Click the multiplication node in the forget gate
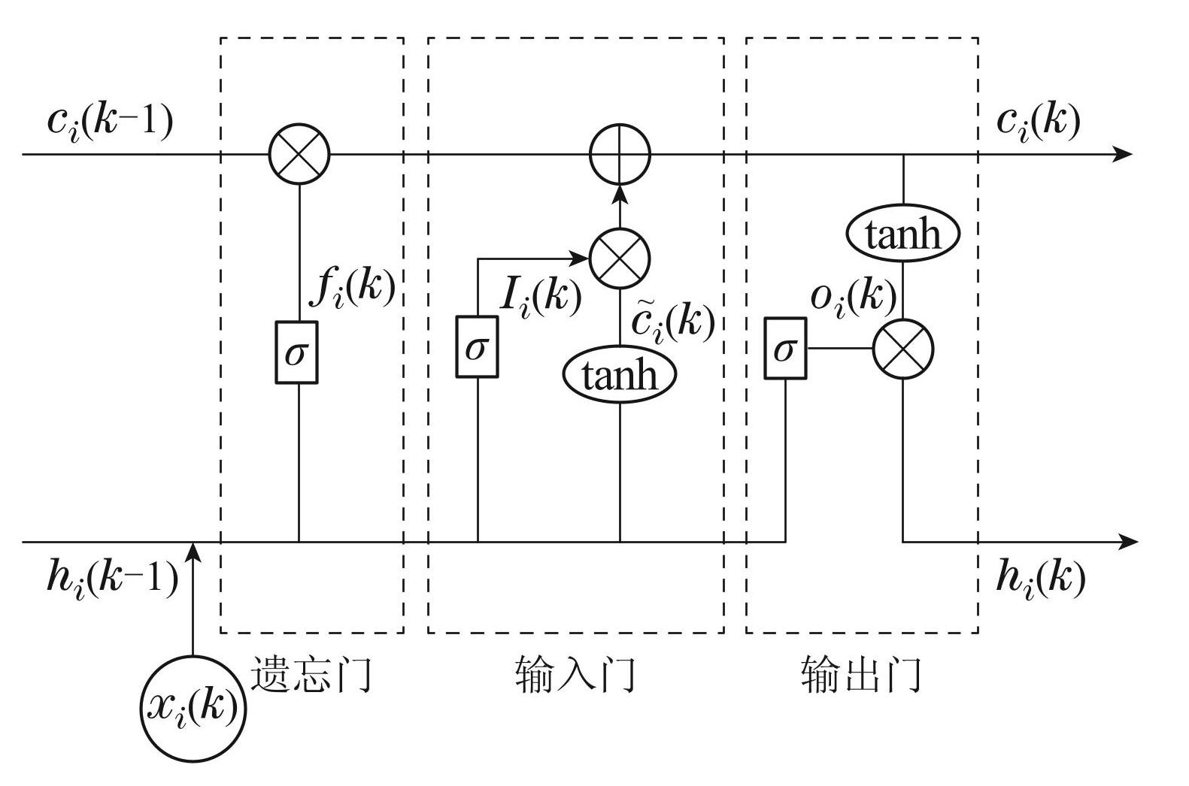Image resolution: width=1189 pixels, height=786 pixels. point(299,155)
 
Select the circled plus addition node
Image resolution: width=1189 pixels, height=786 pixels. point(619,155)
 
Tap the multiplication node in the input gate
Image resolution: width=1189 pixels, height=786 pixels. point(619,258)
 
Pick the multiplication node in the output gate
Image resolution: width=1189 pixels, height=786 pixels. point(902,349)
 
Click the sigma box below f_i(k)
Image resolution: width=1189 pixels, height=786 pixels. point(296,352)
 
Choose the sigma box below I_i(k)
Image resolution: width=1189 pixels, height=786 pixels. point(477,347)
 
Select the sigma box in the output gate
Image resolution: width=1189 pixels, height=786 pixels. point(785,349)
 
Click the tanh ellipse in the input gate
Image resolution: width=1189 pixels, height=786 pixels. point(620,374)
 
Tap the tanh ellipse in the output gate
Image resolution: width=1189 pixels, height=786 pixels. point(902,234)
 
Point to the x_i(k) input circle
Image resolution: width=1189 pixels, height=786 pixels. point(193,708)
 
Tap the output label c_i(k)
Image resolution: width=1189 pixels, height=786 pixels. point(1038,120)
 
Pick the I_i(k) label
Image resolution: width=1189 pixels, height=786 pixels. point(541,296)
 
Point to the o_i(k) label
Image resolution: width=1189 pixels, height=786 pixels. point(854,297)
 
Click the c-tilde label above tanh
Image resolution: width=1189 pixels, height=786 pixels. point(672,322)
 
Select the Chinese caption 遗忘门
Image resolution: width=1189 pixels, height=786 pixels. point(311,673)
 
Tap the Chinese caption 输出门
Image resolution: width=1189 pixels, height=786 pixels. point(861,673)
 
